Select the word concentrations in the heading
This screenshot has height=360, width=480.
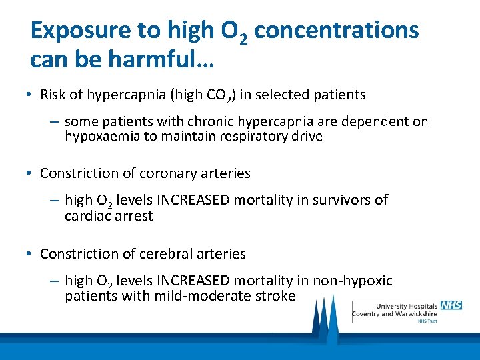pyautogui.click(x=337, y=31)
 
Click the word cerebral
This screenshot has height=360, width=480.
pyautogui.click(x=165, y=254)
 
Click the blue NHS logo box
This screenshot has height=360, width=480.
pyautogui.click(x=451, y=305)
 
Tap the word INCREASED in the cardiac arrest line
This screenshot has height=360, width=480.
pyautogui.click(x=187, y=200)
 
